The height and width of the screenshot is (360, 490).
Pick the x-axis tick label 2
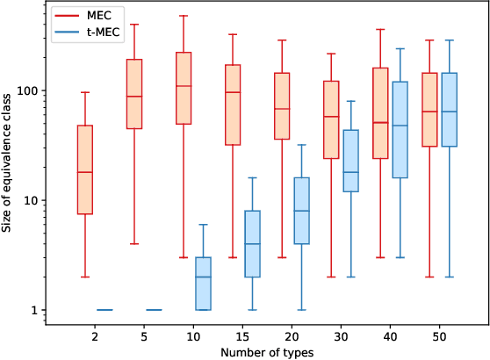[x=95, y=335]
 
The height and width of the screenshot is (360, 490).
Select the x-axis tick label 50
[x=439, y=335]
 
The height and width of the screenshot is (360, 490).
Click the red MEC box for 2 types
[x=85, y=169]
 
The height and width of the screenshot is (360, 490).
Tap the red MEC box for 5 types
[x=134, y=94]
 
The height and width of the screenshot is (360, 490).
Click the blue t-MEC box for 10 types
[x=203, y=284]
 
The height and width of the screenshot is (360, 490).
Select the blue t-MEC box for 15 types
[x=252, y=244]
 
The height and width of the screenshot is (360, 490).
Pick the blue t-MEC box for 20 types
[x=301, y=211]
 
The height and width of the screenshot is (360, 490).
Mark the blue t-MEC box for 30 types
[x=350, y=161]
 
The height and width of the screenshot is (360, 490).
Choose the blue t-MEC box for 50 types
[x=449, y=110]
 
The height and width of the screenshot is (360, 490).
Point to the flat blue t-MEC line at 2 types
[x=104, y=310]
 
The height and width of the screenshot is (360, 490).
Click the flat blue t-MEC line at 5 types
[x=154, y=310]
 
